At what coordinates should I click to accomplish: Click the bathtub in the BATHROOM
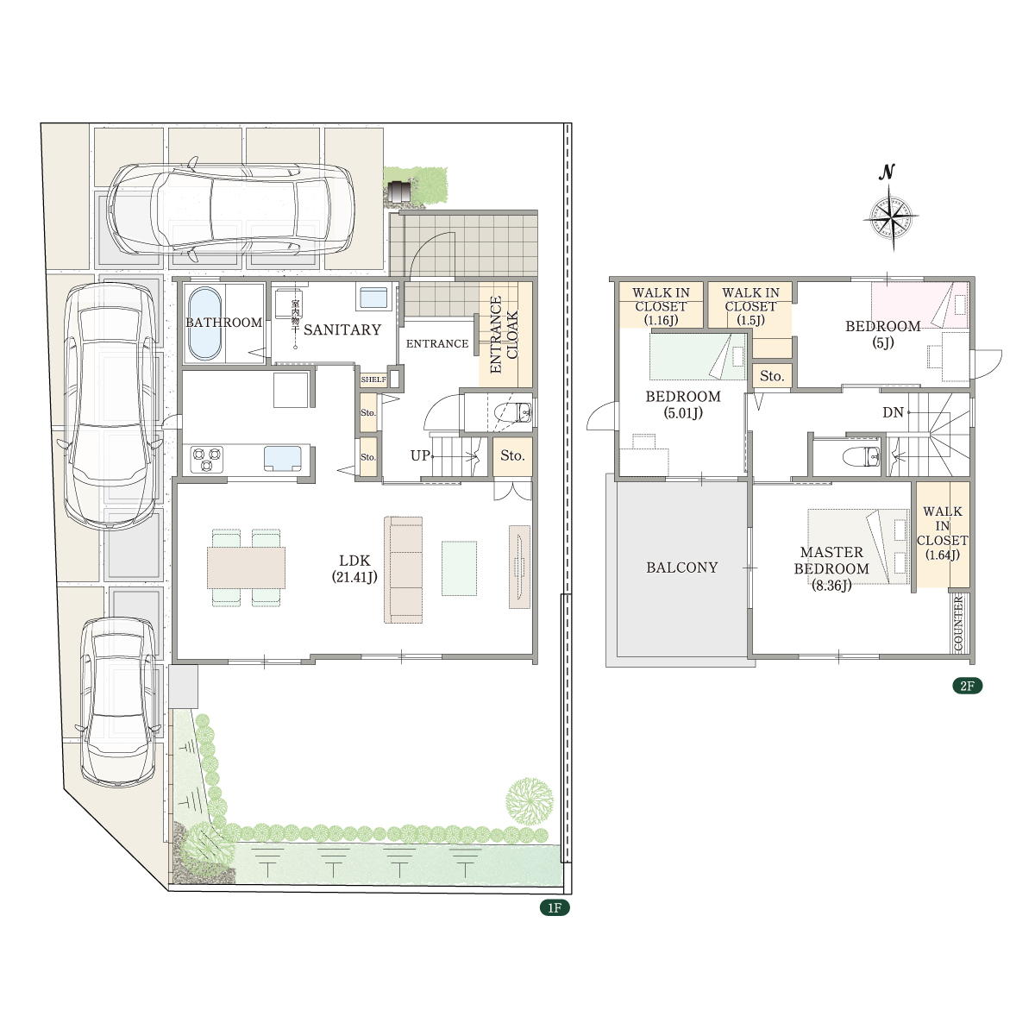(204, 323)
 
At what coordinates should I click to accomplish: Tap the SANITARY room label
(342, 329)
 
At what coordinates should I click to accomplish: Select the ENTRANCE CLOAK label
(504, 334)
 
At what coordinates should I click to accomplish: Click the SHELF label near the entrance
(373, 379)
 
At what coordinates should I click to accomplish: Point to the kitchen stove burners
(207, 460)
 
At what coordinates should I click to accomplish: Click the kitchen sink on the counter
(283, 458)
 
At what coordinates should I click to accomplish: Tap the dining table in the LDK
(246, 568)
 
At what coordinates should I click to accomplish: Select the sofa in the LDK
(403, 569)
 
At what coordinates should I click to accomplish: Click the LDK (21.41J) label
(354, 568)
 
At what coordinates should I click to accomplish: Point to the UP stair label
(420, 455)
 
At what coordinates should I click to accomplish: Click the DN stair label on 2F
(893, 412)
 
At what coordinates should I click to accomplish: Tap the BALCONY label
(681, 568)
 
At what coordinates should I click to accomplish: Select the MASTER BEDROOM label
(831, 561)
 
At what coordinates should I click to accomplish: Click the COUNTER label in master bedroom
(959, 624)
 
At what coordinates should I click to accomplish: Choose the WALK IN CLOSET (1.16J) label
(662, 307)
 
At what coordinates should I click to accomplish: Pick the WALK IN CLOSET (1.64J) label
(943, 533)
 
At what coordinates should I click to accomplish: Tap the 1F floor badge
(555, 907)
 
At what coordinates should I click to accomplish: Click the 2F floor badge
(967, 686)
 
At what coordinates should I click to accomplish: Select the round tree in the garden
(530, 801)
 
